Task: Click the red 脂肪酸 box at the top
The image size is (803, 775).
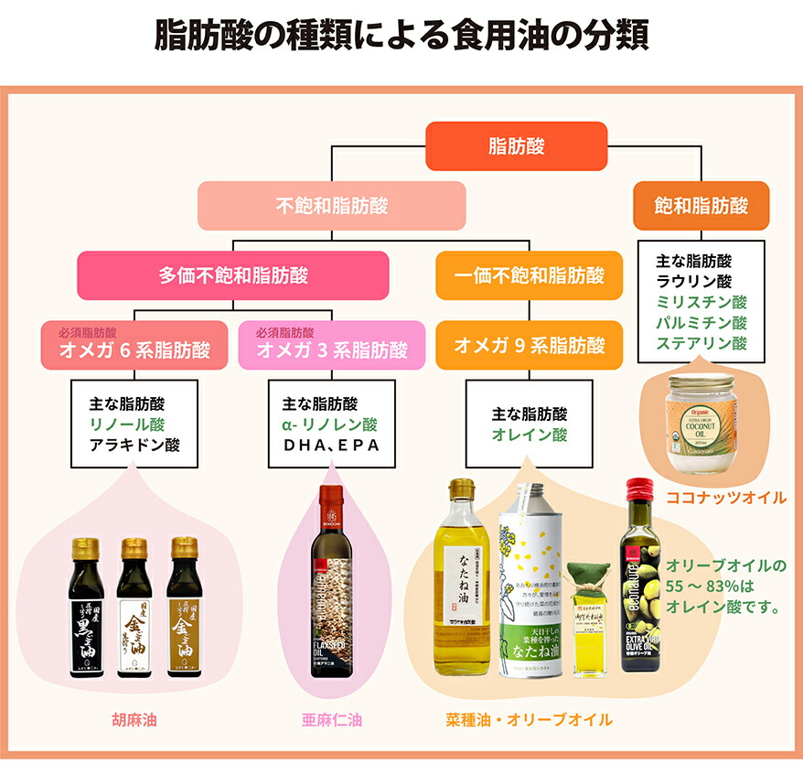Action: (x=517, y=145)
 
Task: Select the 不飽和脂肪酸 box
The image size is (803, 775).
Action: (x=331, y=206)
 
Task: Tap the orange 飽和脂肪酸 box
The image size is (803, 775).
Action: (x=701, y=205)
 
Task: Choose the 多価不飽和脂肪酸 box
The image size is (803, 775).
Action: (x=233, y=275)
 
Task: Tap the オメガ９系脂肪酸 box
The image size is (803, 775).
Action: (x=530, y=346)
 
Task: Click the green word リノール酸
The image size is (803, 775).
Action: (x=126, y=425)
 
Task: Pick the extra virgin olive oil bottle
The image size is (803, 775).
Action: (x=640, y=586)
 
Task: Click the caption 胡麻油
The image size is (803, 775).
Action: (x=134, y=720)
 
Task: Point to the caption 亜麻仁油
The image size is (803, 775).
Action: (x=331, y=720)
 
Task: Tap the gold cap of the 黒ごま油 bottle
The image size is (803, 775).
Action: (x=86, y=548)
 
